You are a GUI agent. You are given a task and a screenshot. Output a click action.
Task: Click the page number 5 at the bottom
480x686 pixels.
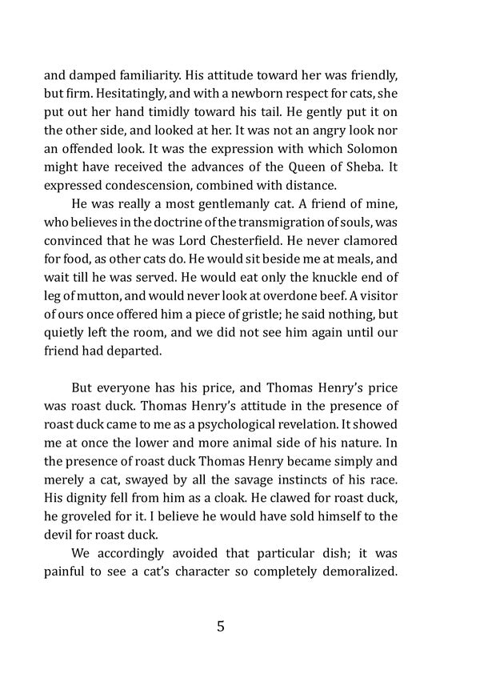click(x=220, y=627)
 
